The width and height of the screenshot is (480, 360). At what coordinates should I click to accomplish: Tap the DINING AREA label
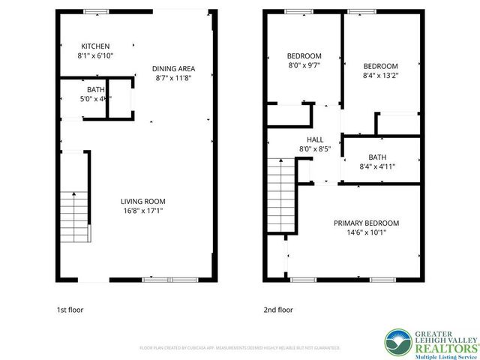[x=173, y=68]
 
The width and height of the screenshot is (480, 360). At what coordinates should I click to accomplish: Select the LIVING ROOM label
[x=142, y=201]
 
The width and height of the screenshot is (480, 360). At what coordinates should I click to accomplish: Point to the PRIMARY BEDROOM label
[x=366, y=223]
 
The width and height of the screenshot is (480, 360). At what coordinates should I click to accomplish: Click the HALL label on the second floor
[x=314, y=139]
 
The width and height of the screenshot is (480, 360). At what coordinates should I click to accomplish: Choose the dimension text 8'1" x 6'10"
[x=94, y=55]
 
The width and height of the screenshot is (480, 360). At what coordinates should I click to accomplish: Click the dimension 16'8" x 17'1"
[x=142, y=211]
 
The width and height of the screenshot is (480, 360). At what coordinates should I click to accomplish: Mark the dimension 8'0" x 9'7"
[x=304, y=65]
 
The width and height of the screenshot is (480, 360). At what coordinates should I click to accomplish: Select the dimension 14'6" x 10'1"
[x=366, y=232]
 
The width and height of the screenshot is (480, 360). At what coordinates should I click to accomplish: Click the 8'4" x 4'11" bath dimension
[x=377, y=166]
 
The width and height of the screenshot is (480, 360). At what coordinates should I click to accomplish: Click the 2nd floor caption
[x=277, y=310]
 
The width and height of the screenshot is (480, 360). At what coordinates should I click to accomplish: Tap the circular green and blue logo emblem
[x=397, y=342]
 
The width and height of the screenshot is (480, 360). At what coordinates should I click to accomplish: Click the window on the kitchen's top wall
[x=95, y=11]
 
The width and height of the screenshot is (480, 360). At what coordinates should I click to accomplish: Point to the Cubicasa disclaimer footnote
[x=240, y=348]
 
